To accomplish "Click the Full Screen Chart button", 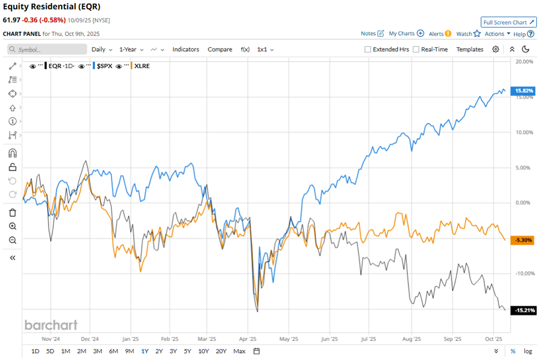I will (508, 22).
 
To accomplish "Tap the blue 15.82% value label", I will (524, 90).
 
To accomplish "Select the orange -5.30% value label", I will (524, 240).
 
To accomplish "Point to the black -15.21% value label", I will (524, 310).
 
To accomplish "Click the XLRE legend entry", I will (142, 66).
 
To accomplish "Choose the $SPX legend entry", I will (104, 66).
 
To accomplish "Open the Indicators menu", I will (185, 50).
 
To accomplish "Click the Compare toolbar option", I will (220, 50).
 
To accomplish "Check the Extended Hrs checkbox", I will (368, 50).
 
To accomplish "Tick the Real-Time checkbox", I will (416, 50).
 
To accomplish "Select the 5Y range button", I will (188, 351).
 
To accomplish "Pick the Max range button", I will (239, 351).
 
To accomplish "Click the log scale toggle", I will (527, 351).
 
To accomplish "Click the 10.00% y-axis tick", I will (524, 132).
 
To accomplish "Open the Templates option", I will (470, 50).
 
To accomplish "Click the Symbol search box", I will (47, 50).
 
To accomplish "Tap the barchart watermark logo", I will (51, 325).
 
